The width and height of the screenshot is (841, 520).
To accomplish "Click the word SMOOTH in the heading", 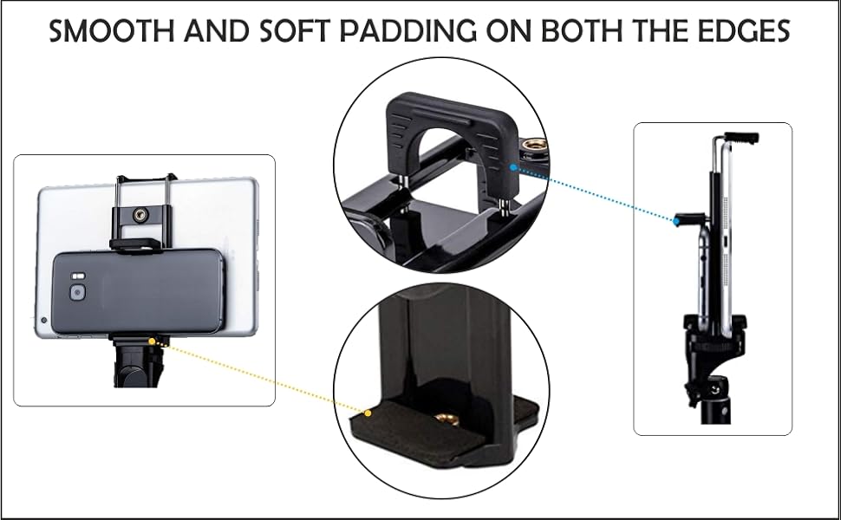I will pyautogui.click(x=103, y=32).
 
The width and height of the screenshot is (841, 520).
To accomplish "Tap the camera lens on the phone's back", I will pyautogui.click(x=78, y=293).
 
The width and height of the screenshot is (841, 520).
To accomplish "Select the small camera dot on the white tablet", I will pyautogui.click(x=44, y=320).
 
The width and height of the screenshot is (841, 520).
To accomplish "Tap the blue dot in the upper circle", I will pyautogui.click(x=514, y=168).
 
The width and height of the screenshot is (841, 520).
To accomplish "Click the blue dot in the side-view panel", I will pyautogui.click(x=675, y=222).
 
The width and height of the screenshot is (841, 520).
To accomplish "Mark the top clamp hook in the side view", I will pyautogui.click(x=741, y=137).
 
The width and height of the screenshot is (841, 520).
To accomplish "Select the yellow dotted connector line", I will pyautogui.click(x=260, y=373).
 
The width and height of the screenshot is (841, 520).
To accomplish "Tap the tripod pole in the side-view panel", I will pyautogui.click(x=717, y=407).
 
